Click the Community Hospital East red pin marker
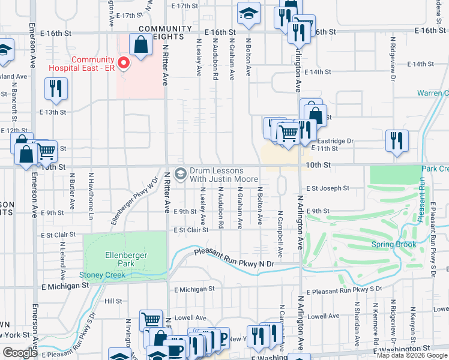pos(124,62)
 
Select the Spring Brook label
pos(393,244)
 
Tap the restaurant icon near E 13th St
pos(56,89)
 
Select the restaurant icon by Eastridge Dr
pos(397,141)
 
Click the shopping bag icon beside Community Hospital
pos(140,45)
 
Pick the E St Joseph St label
pos(328,188)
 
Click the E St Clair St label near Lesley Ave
pos(190,230)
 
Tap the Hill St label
pos(113,301)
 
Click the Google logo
pos(20,353)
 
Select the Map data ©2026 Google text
pos(412,355)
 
